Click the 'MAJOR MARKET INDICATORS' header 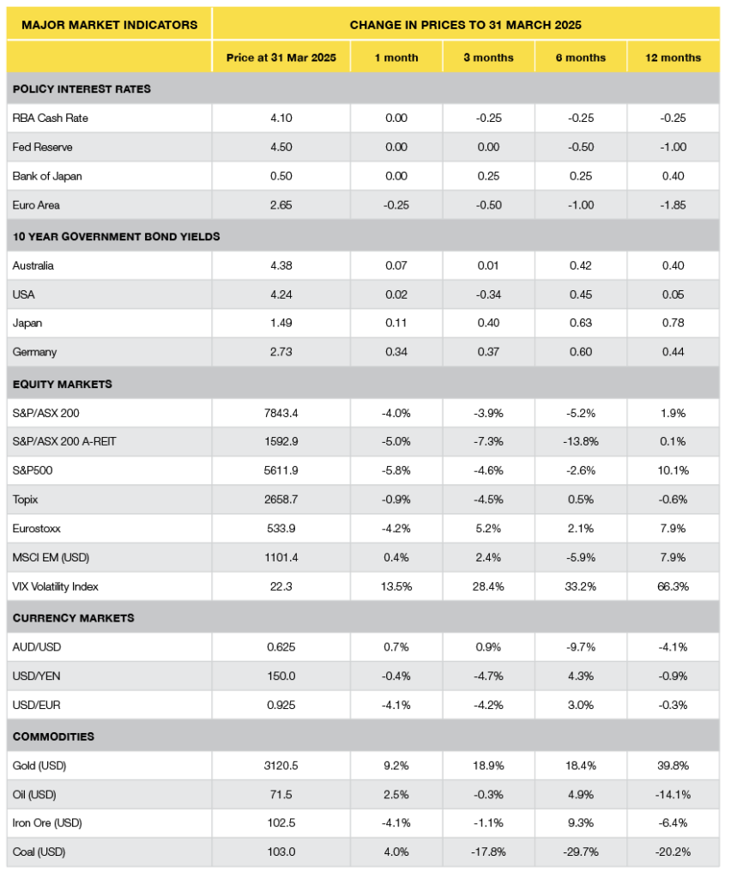(x=108, y=24)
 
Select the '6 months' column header (x=581, y=58)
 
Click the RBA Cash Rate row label (x=51, y=118)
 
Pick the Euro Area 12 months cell (x=674, y=205)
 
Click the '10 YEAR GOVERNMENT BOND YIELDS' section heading (x=116, y=236)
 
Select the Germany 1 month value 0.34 (x=396, y=352)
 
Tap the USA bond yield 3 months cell (x=488, y=294)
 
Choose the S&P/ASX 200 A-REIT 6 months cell (x=581, y=441)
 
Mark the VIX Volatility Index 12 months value (x=674, y=587)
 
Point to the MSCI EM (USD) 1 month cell (x=396, y=558)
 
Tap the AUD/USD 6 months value (x=581, y=646)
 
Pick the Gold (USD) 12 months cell (x=674, y=765)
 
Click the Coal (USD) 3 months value (x=488, y=852)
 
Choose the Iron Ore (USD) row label (x=47, y=823)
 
